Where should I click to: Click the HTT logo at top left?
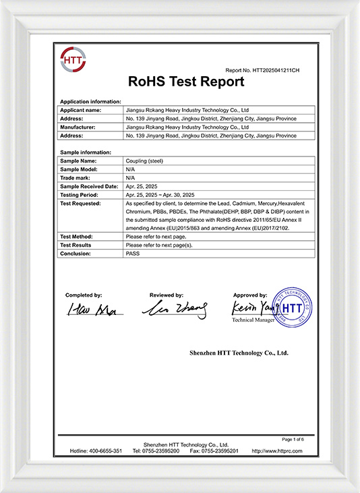point(73,60)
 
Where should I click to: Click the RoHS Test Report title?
point(186,82)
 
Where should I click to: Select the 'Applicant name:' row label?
point(81,109)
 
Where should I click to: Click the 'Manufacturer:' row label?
point(80,127)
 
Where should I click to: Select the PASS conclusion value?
point(133,254)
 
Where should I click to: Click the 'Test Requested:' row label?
point(83,203)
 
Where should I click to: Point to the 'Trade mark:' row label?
point(77,178)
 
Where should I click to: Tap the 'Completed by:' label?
point(84,295)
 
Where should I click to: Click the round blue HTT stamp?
point(292,308)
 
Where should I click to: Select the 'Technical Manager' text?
point(253,320)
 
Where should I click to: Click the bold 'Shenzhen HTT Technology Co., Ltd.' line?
point(239,353)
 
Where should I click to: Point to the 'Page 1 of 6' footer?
point(302,439)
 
